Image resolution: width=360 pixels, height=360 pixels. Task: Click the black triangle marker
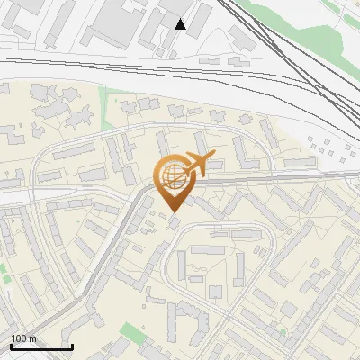180,24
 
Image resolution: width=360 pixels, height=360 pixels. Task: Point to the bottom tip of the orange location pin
172,212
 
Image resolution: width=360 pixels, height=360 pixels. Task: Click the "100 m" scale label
23,338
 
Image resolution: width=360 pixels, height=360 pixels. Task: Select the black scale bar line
41,346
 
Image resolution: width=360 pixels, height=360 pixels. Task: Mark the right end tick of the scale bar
72,345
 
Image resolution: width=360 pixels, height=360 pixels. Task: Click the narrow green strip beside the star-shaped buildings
106,101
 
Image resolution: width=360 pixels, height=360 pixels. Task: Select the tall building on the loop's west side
181,265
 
